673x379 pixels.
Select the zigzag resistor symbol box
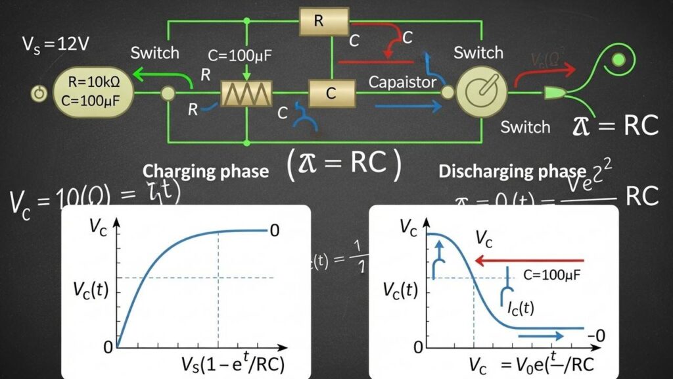[x=245, y=94]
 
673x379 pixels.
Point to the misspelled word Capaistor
[x=402, y=82]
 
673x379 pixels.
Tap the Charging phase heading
[x=206, y=171]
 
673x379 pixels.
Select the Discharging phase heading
[x=512, y=171]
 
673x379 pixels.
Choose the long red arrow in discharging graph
[x=530, y=261]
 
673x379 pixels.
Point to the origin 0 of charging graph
[x=108, y=347]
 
